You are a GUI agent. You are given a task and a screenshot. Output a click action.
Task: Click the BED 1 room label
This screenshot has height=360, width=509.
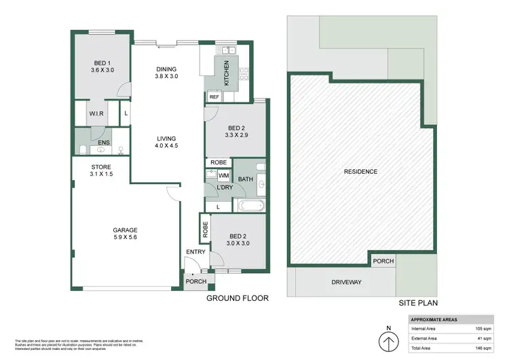pyautogui.click(x=99, y=65)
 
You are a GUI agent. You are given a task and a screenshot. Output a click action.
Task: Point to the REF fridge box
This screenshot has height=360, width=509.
pyautogui.click(x=214, y=97)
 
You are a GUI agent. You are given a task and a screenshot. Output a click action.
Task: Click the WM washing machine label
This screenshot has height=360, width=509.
pyautogui.click(x=223, y=176)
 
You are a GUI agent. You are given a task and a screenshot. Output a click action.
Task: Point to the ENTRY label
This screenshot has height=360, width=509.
pyautogui.click(x=195, y=253)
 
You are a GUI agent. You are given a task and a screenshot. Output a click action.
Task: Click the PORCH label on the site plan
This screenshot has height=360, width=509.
pyautogui.click(x=382, y=260)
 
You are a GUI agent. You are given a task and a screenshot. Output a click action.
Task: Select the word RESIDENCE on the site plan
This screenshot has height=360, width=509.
pyautogui.click(x=360, y=172)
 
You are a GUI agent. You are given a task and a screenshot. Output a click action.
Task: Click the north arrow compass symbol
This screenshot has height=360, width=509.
pyautogui.click(x=388, y=340)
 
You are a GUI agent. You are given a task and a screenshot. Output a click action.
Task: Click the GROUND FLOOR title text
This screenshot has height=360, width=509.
pyautogui.click(x=237, y=298)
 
